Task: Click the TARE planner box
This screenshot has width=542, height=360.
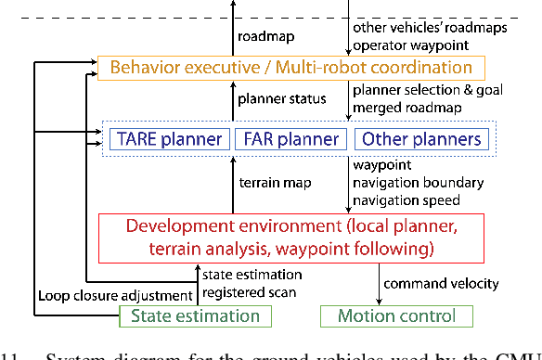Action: [x=170, y=139]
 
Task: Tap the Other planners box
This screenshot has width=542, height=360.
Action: [x=420, y=139]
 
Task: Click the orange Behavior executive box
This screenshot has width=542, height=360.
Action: [x=290, y=67]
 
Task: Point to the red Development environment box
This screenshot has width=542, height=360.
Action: [x=290, y=236]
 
